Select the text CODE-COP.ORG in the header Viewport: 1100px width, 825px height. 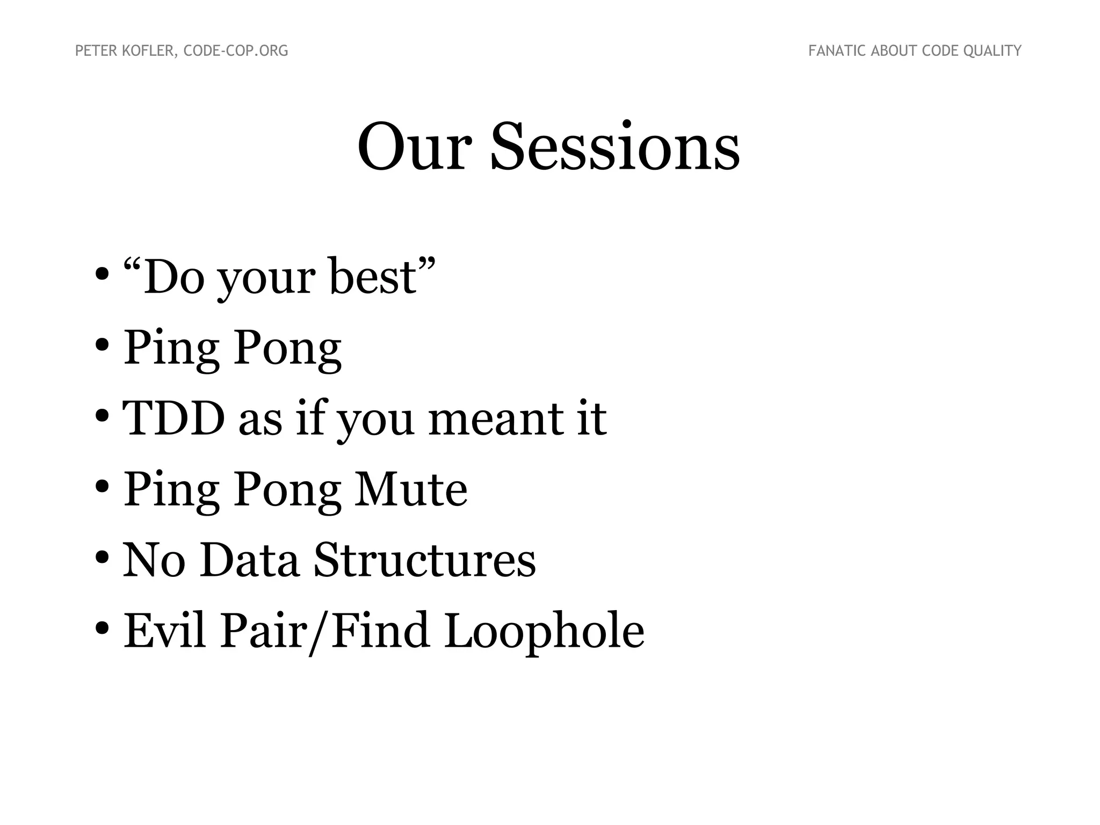click(x=236, y=51)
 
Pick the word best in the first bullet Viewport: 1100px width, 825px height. click(x=373, y=277)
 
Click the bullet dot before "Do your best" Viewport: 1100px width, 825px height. click(x=102, y=275)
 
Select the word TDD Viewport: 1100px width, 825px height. click(x=173, y=418)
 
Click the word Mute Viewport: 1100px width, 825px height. click(x=410, y=489)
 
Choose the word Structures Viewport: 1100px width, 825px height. click(x=424, y=560)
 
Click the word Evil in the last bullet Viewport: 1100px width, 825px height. click(x=165, y=631)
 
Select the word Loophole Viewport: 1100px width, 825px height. click(x=544, y=631)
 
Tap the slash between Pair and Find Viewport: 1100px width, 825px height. click(x=320, y=632)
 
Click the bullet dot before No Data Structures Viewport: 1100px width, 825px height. click(x=102, y=559)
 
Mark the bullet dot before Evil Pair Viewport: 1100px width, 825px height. click(x=102, y=629)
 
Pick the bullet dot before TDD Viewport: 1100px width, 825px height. click(x=102, y=416)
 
